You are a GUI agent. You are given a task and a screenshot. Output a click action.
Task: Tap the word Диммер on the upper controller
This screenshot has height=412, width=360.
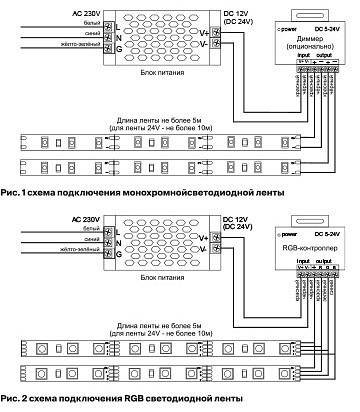click(311, 39)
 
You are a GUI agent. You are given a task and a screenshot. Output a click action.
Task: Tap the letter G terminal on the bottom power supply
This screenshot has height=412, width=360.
click(119, 252)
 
